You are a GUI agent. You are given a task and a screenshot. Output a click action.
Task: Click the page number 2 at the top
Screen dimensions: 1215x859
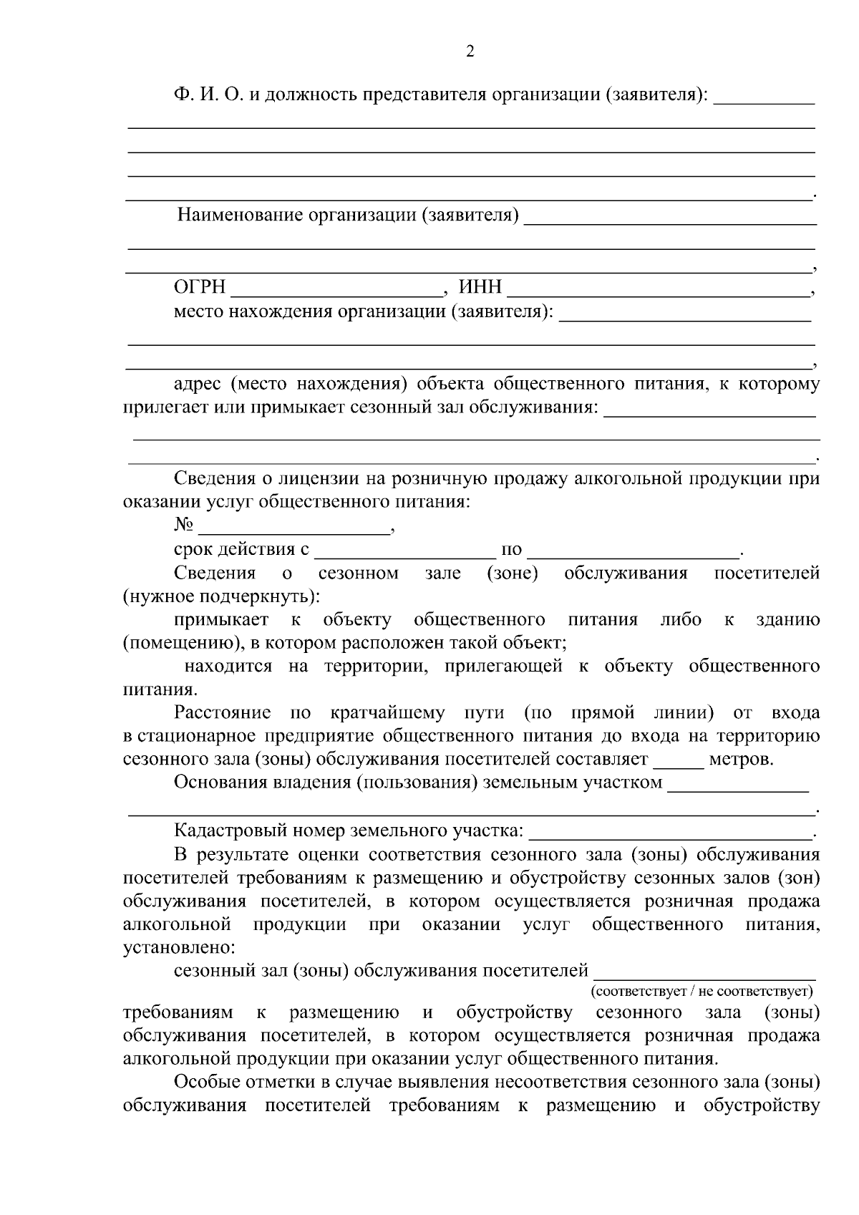(470, 52)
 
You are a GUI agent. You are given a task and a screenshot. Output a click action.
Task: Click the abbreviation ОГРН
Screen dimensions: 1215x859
(200, 288)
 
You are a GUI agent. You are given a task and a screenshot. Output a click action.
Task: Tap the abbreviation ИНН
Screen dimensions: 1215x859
(480, 288)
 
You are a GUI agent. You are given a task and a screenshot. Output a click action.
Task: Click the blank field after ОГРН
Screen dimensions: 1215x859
(336, 292)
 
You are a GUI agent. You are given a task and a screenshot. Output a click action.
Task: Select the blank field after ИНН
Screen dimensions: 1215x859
(659, 292)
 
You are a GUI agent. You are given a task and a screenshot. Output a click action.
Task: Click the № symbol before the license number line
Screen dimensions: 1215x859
(184, 526)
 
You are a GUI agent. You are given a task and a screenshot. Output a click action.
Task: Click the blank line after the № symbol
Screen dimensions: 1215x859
(294, 530)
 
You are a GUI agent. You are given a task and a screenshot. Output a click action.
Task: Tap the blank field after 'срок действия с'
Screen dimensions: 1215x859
(405, 553)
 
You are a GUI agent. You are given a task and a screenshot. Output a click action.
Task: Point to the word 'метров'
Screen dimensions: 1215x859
(740, 759)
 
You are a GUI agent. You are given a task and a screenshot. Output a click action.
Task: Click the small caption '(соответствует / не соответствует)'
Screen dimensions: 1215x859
(702, 992)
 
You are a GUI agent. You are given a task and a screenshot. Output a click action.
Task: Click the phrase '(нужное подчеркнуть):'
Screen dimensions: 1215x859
(221, 596)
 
